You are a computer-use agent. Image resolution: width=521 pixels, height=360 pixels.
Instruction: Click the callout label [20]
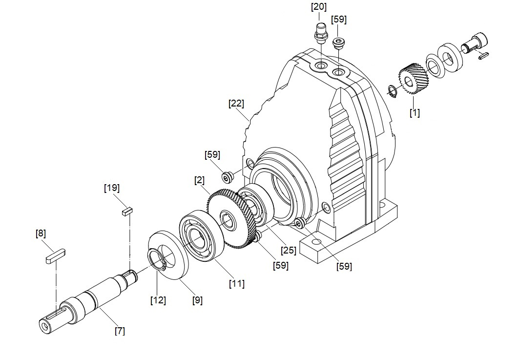(319, 7)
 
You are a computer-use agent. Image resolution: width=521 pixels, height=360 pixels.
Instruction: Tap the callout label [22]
(236, 104)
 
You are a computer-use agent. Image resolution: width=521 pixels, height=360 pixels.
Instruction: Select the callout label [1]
(415, 113)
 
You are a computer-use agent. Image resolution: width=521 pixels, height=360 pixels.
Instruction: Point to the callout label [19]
(112, 188)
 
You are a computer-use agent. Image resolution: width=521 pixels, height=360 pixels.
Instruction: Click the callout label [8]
(41, 233)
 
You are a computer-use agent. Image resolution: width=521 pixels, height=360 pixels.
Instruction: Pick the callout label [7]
(120, 331)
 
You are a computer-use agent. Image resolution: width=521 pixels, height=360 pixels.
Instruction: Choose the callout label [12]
(158, 300)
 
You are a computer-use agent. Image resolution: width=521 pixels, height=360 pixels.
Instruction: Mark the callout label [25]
(288, 250)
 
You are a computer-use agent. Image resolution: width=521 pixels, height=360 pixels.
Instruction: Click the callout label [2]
(199, 181)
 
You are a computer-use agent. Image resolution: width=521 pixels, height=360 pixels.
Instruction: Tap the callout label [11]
(237, 283)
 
